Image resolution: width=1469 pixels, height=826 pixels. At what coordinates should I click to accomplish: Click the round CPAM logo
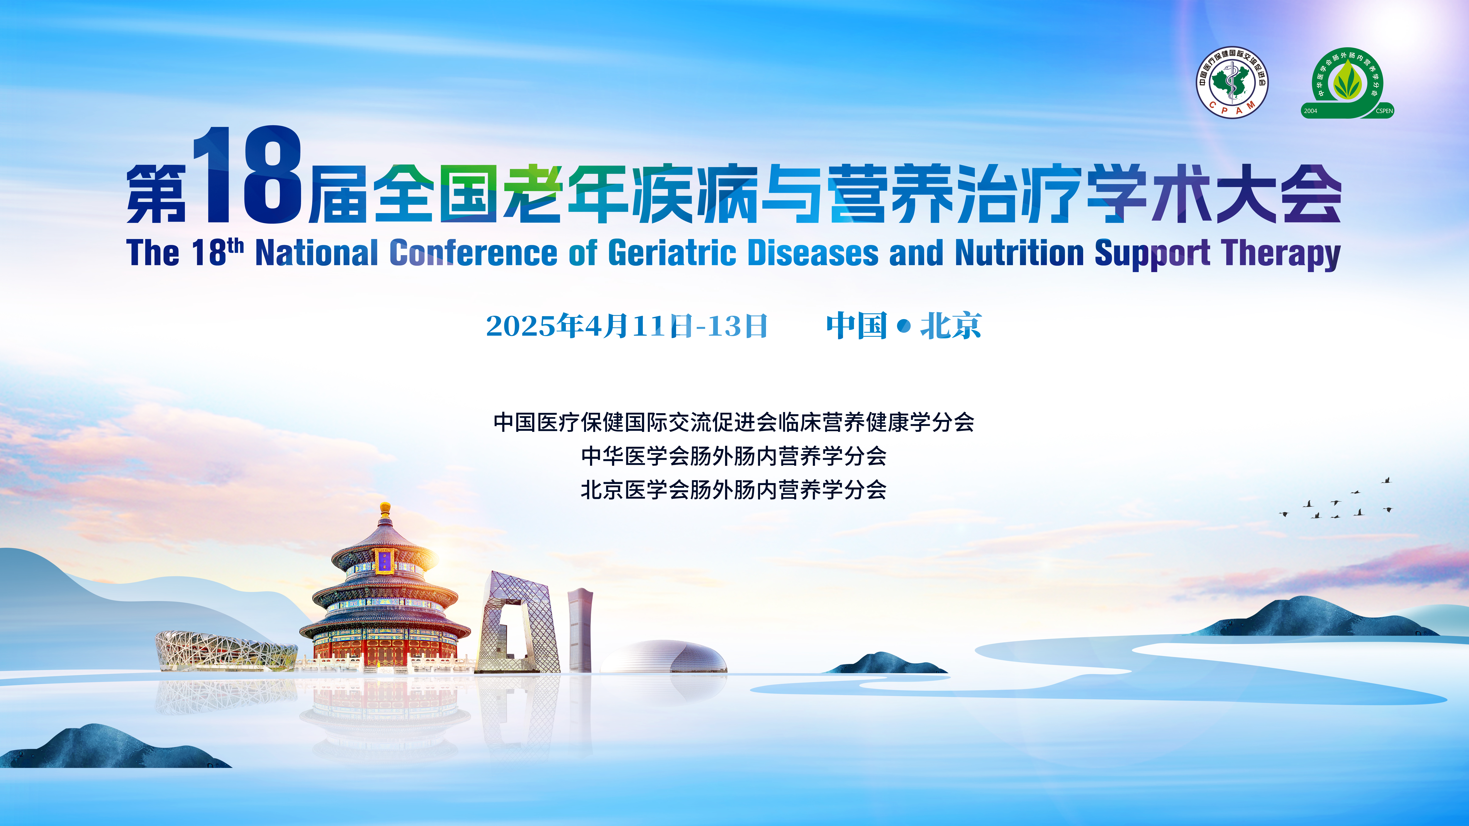click(1232, 83)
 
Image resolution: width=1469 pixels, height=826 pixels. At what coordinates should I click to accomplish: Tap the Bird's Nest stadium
click(226, 650)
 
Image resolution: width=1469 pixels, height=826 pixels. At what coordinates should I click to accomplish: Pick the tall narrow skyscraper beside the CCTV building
click(580, 630)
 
